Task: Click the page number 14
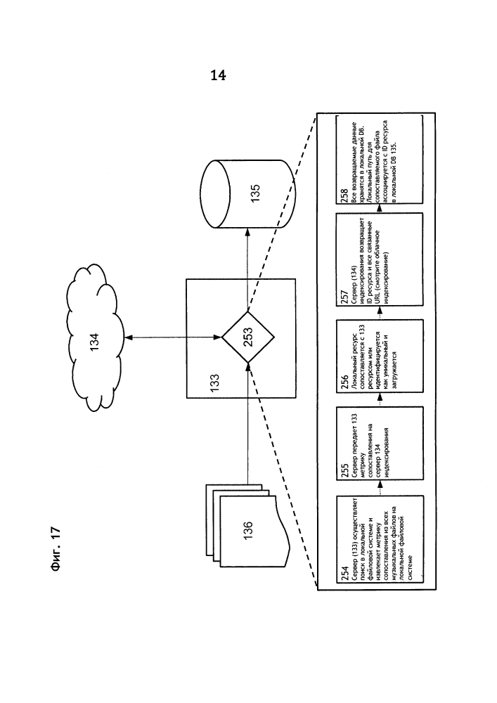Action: (218, 76)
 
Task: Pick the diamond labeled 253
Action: (247, 337)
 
